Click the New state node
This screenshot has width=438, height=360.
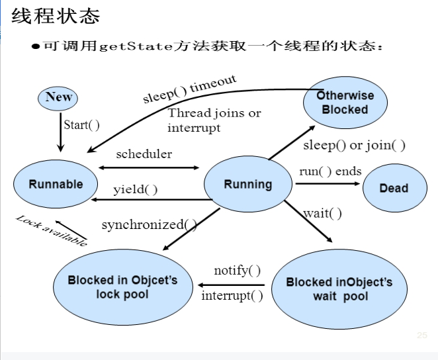(58, 97)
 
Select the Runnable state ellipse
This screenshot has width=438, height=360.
(56, 184)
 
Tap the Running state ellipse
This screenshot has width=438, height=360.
(247, 185)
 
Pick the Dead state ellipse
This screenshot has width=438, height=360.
(394, 188)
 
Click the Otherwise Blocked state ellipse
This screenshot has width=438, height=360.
(345, 103)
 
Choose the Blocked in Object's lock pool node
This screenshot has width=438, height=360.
(122, 287)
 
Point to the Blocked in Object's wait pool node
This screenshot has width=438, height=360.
(339, 289)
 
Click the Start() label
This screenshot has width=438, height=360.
(81, 124)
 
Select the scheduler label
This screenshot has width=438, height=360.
(144, 154)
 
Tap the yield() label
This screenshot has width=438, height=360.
(135, 190)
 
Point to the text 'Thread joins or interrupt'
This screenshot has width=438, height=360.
(214, 120)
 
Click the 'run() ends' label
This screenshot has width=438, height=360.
(330, 171)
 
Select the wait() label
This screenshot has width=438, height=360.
(322, 213)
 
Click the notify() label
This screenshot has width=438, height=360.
(237, 271)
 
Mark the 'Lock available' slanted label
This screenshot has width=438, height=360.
(52, 230)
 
